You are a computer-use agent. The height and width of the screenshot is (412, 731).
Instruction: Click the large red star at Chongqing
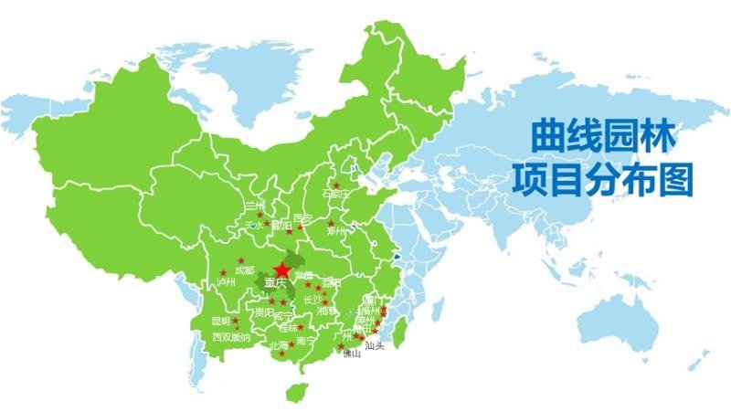tap(281, 270)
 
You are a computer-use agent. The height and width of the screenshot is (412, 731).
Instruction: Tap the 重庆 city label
tap(275, 284)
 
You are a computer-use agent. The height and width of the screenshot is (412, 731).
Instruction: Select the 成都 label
tap(244, 271)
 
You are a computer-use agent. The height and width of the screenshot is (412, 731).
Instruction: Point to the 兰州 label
tap(255, 205)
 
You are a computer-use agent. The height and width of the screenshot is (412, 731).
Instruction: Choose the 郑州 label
tap(336, 230)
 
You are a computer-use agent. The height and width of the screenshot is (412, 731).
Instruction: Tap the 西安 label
tap(302, 219)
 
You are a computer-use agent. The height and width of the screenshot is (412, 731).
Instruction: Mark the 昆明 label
tap(221, 322)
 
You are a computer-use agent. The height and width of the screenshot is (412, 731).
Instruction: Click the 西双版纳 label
tap(230, 337)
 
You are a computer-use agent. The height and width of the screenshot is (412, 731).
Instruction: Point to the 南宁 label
tap(307, 341)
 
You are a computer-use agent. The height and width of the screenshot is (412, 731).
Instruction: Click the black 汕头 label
tap(375, 346)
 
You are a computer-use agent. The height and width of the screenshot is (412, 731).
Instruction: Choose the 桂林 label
tap(289, 327)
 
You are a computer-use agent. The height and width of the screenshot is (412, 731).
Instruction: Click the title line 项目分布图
tap(603, 178)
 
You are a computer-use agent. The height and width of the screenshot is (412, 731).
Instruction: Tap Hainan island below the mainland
tap(294, 391)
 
